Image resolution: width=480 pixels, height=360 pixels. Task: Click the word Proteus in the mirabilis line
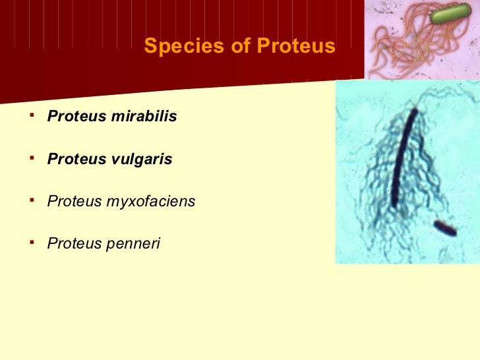pos(73,117)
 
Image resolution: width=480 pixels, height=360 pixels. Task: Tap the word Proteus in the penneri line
pos(72,244)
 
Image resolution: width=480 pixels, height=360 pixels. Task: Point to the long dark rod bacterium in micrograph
pos(402,158)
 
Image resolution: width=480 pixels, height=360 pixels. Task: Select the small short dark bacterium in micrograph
pos(445,228)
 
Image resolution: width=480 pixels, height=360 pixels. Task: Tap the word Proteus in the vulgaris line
pos(73,159)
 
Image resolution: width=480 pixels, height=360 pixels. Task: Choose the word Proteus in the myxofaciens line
pos(72,202)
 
